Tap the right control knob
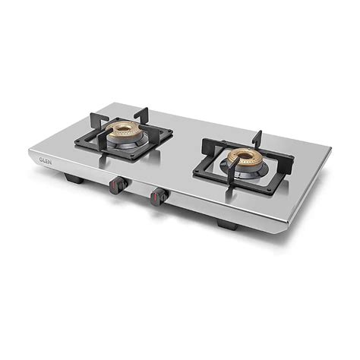pyautogui.click(x=157, y=196)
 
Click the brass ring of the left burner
pyautogui.click(x=123, y=128)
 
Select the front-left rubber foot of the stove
pyautogui.click(x=74, y=179)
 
